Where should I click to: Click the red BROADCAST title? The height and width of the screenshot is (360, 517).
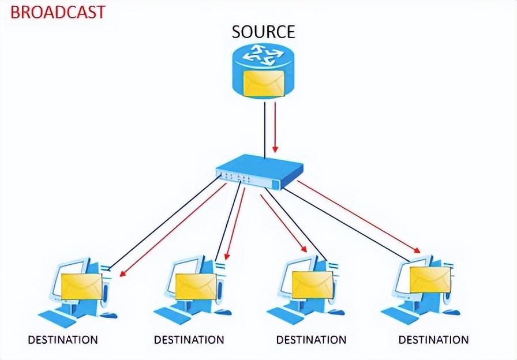[x=58, y=12]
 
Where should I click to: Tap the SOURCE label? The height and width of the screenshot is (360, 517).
[x=263, y=31]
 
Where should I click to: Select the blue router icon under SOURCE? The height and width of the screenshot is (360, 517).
[x=263, y=72]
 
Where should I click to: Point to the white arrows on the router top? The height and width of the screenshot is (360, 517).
[x=263, y=55]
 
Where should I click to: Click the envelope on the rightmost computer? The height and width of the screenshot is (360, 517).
[x=430, y=280]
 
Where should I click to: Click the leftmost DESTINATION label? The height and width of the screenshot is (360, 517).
[x=63, y=340]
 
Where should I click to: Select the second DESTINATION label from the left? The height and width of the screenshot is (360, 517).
[x=189, y=340]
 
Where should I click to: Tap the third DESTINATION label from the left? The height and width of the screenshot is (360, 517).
[x=311, y=340]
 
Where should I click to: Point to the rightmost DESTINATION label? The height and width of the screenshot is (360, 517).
[x=433, y=340]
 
